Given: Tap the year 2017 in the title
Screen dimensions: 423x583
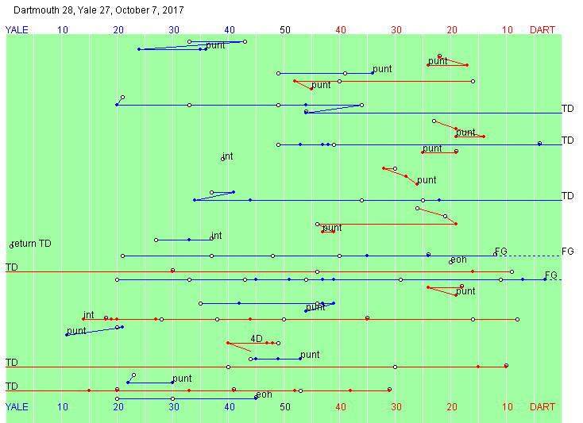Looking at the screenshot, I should point(172,10).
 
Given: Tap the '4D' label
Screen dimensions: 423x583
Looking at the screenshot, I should point(257,338).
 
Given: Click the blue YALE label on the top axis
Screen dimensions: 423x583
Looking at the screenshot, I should point(17,30).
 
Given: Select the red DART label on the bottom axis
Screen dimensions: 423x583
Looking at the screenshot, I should point(542,407).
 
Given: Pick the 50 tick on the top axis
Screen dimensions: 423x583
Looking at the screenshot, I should point(285,30).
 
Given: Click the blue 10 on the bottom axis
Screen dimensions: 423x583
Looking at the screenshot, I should point(63,407).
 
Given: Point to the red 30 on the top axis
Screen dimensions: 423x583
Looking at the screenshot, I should point(396,30).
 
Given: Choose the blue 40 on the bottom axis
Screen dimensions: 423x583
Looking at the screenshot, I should point(230,407).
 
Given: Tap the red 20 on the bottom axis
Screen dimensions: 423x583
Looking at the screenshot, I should point(452,407).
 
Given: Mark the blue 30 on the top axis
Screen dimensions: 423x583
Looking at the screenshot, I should point(174,30).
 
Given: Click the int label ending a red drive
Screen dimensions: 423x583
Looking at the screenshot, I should point(88,314).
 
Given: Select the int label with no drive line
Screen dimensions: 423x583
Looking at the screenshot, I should point(228,156).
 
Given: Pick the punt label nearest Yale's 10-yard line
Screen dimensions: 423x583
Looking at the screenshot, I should point(76,330).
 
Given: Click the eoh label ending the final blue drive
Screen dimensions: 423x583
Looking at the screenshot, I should point(264,394).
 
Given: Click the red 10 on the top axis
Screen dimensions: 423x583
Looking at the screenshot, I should point(508,30).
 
